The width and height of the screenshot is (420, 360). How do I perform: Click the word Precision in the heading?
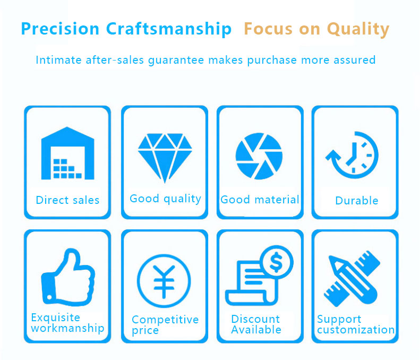click(x=61, y=29)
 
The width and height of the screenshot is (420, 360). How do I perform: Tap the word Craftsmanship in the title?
click(x=169, y=29)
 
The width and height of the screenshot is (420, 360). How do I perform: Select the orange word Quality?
click(x=358, y=29)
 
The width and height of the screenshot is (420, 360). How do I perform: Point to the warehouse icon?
click(x=68, y=153)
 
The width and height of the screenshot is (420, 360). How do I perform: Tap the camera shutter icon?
click(x=259, y=156)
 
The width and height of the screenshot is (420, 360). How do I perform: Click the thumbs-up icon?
click(x=68, y=277)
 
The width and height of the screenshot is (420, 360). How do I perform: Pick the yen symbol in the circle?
click(x=164, y=281)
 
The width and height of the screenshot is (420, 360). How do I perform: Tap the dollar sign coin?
click(x=277, y=262)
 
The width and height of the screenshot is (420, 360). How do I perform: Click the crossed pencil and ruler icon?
click(x=352, y=279)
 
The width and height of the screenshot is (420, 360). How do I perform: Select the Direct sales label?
click(x=67, y=200)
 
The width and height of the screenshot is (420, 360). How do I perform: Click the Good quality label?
click(x=165, y=199)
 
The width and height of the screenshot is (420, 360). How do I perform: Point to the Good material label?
click(x=260, y=200)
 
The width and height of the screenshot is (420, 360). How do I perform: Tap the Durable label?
click(x=357, y=201)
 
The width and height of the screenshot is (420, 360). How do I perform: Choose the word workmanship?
click(x=67, y=328)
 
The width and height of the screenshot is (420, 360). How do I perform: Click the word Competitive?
click(x=165, y=320)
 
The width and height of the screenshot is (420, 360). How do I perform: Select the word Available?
click(x=256, y=330)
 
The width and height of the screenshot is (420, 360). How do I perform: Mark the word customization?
click(x=356, y=330)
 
